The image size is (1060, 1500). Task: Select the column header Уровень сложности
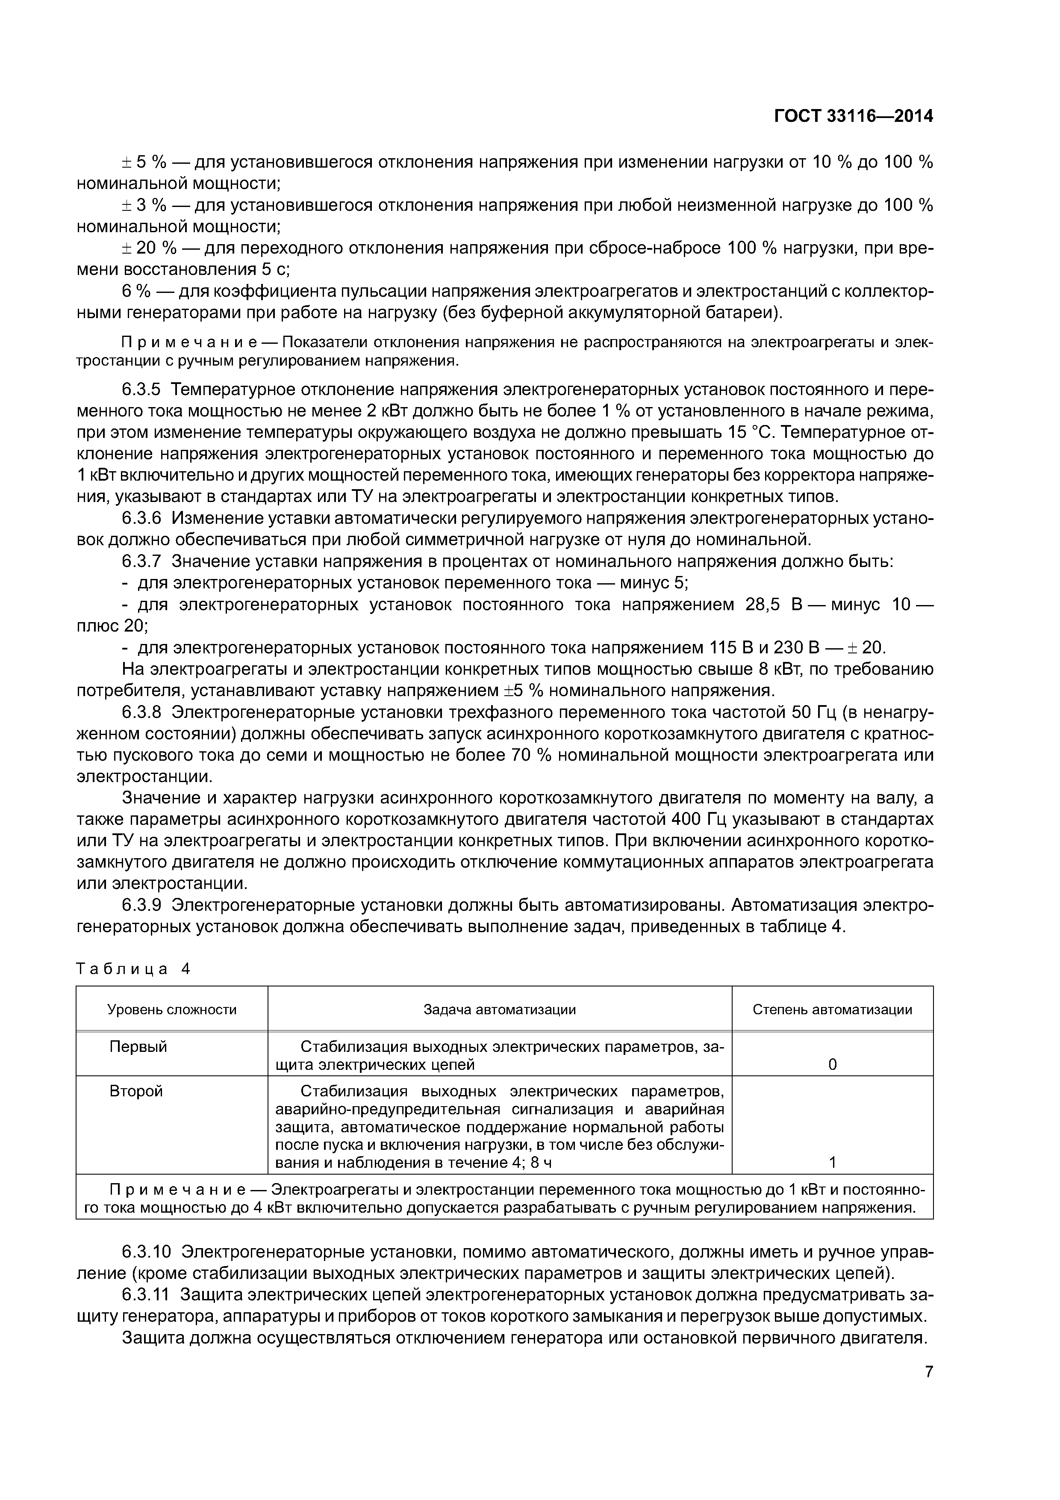[x=172, y=1010]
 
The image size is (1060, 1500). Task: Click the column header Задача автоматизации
[x=500, y=1010]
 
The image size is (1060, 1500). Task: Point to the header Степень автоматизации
[x=832, y=1010]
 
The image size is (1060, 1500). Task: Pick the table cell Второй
[x=136, y=1091]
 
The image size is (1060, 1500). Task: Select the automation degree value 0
[x=832, y=1065]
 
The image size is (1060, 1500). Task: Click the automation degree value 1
[x=832, y=1162]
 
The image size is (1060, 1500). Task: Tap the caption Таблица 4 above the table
[x=132, y=969]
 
